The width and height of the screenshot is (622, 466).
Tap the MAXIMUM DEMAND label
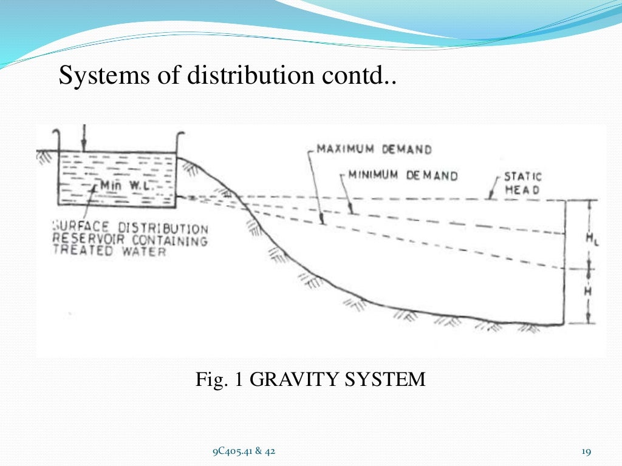click(x=374, y=149)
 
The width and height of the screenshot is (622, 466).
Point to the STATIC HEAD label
click(x=522, y=183)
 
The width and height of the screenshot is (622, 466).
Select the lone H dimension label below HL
click(x=588, y=292)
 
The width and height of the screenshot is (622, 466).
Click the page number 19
click(x=586, y=451)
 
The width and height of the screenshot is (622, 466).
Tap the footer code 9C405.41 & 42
click(x=244, y=451)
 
